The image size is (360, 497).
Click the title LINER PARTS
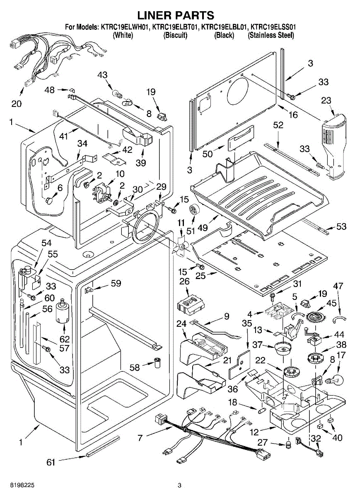point(176,15)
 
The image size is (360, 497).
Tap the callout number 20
point(17,104)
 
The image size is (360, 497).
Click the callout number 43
point(102,75)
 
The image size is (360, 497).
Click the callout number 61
point(51,463)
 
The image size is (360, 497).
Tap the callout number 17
point(341,355)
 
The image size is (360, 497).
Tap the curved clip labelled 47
point(339,318)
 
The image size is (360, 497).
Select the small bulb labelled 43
point(116,89)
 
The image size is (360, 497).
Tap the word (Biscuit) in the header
point(176,36)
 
